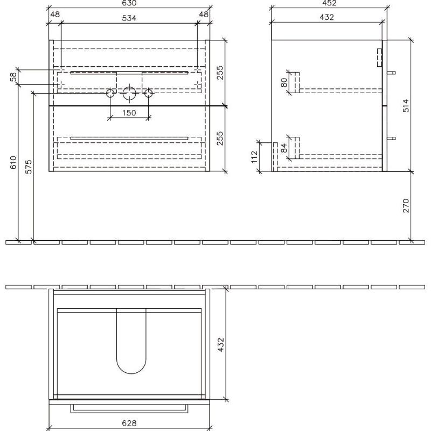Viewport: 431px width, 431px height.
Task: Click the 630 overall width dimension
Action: tap(129, 3)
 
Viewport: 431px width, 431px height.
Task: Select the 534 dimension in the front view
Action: tap(129, 18)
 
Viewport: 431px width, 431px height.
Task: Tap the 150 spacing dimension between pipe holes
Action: tap(129, 113)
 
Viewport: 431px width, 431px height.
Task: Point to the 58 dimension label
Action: tap(13, 77)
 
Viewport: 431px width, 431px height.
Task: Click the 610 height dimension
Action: tap(13, 162)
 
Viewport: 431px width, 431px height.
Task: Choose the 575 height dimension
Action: tap(29, 167)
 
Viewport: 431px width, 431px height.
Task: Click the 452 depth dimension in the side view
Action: tap(329, 3)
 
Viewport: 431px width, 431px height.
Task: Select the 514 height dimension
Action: tap(406, 106)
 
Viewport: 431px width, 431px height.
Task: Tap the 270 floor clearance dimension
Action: tap(406, 206)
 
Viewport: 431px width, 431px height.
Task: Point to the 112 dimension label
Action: tap(254, 157)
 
